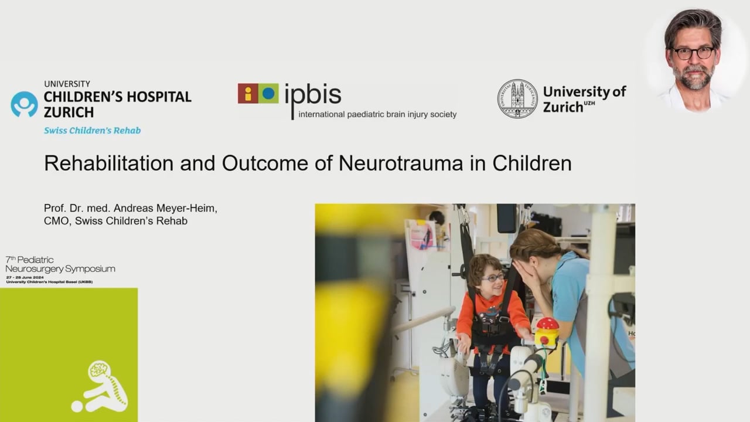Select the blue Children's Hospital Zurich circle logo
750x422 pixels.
point(24,104)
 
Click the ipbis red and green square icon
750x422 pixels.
point(258,93)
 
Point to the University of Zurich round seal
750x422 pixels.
point(517,98)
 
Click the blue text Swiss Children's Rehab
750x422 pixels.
point(92,131)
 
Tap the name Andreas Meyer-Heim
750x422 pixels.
point(166,209)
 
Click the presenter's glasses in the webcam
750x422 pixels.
point(693,53)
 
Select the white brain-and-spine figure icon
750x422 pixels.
point(101,387)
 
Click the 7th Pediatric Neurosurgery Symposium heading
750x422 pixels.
point(60,264)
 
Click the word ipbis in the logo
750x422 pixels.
point(312,94)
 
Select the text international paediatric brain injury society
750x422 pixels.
point(377,114)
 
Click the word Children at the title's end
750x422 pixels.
point(531,164)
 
